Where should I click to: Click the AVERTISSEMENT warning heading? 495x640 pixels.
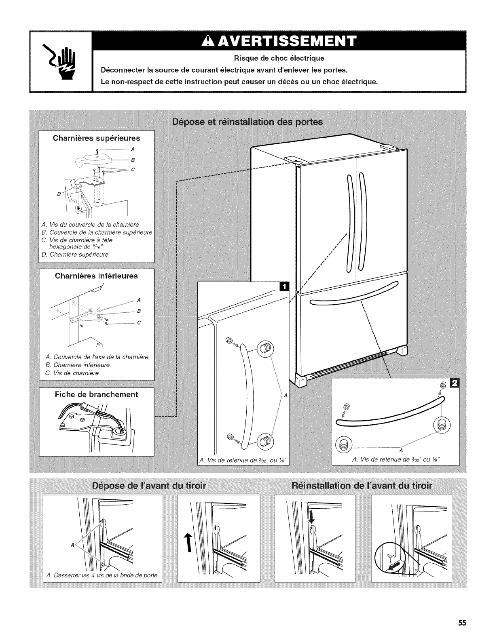click(280, 42)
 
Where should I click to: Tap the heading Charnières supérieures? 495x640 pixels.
click(97, 138)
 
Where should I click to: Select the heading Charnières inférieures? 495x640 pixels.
click(97, 276)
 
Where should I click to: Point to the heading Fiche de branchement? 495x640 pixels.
click(97, 394)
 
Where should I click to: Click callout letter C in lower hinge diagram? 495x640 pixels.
click(139, 322)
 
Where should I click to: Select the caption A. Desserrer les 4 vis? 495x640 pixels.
click(102, 575)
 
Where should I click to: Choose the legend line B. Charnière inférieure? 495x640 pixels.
click(78, 365)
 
